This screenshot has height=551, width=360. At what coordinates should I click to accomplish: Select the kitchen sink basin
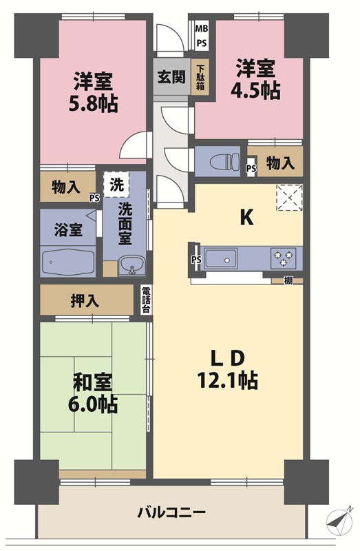(220, 259)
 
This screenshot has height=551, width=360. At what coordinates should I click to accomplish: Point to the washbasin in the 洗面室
(131, 265)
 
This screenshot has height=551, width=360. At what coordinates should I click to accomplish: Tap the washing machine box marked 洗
(116, 185)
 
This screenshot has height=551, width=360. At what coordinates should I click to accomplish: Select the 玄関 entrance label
(171, 77)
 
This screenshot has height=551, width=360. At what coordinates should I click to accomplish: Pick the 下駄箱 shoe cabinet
(200, 77)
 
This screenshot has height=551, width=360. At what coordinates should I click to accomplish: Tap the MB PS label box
(202, 36)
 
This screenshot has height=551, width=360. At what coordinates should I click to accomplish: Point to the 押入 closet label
(85, 301)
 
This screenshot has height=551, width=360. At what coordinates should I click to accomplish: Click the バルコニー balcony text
(171, 512)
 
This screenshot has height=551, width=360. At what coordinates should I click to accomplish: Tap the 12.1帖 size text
(228, 380)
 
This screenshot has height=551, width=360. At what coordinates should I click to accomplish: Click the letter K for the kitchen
(246, 218)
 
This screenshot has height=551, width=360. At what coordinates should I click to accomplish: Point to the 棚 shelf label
(288, 281)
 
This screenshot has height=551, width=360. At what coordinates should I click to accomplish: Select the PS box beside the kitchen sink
(197, 260)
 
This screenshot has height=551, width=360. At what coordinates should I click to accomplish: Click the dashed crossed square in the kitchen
(289, 197)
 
